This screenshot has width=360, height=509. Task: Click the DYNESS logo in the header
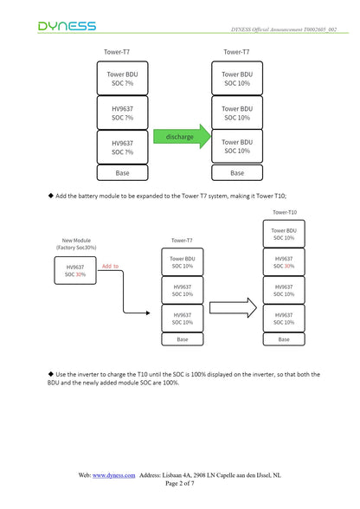67,26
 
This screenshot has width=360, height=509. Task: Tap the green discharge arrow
182,137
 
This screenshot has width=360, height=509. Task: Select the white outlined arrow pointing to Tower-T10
233,307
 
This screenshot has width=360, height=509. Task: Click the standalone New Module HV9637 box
75,270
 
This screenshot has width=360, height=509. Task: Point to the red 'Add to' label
111,267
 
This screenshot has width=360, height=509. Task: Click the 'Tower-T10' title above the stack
285,212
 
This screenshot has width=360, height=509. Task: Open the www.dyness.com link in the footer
113,475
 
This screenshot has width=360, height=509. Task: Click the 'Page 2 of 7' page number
180,483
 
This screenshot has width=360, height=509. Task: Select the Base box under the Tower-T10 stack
284,339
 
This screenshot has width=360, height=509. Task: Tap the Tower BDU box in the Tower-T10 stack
284,234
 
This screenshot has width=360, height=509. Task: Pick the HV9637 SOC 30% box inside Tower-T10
284,262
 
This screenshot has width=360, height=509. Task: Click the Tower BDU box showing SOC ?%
122,78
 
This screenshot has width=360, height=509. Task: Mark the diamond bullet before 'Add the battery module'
51,196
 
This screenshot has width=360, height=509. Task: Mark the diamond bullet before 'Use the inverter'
51,374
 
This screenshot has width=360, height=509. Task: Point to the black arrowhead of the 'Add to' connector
148,313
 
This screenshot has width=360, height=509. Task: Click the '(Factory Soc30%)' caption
76,248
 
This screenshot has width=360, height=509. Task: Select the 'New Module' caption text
76,241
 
